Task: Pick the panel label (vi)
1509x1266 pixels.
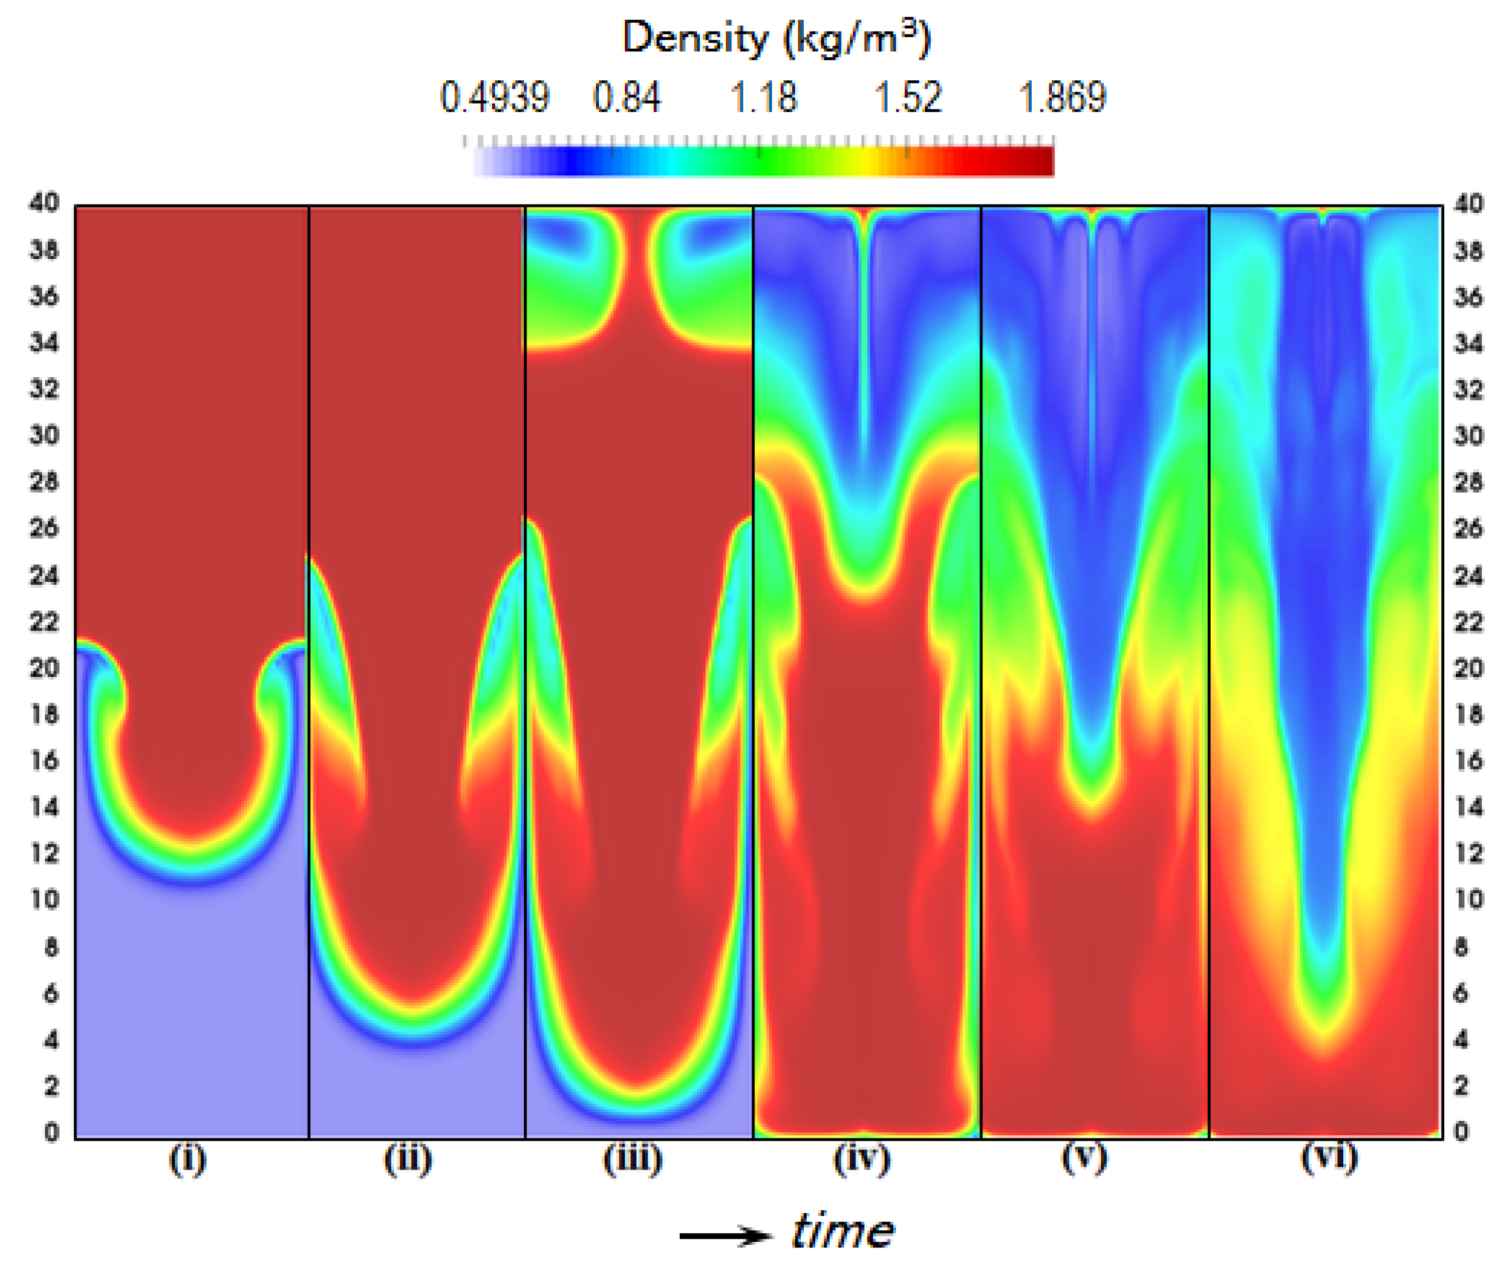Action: pos(1329,1157)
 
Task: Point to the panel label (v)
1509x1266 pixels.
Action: pos(1085,1157)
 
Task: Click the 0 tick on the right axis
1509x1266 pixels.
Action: pos(1461,1132)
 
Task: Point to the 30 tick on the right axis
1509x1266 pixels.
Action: pos(1468,436)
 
